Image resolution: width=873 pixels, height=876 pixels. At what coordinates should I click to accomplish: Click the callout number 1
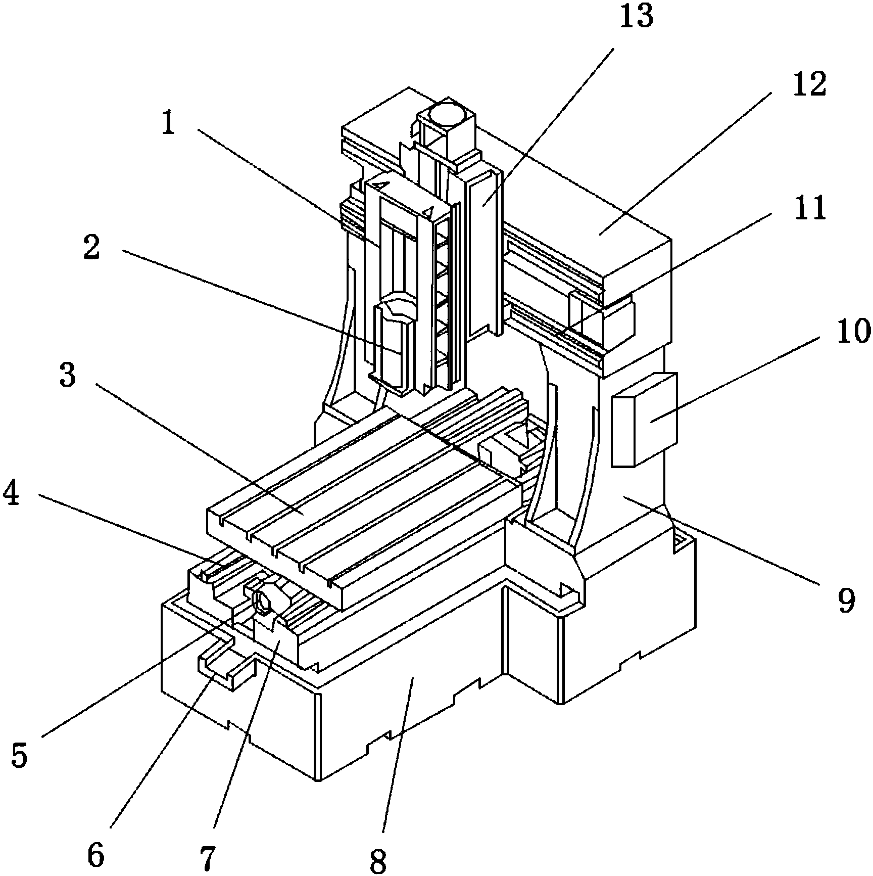(x=169, y=124)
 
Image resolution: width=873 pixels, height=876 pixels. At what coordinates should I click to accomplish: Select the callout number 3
(x=68, y=376)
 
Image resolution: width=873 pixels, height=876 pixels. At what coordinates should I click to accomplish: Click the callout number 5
(x=19, y=755)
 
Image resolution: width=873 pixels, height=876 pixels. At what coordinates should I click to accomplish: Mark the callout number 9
(x=846, y=600)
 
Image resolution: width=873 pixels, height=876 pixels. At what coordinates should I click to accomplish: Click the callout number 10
(x=854, y=332)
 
